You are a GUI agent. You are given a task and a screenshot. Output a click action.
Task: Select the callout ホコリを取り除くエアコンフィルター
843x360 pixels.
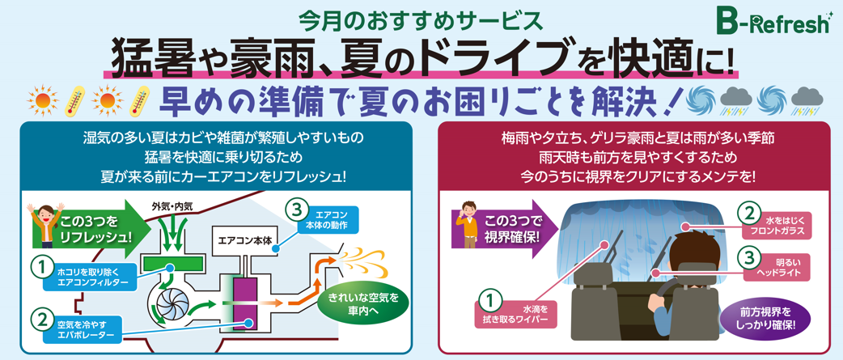[x=95, y=277]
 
